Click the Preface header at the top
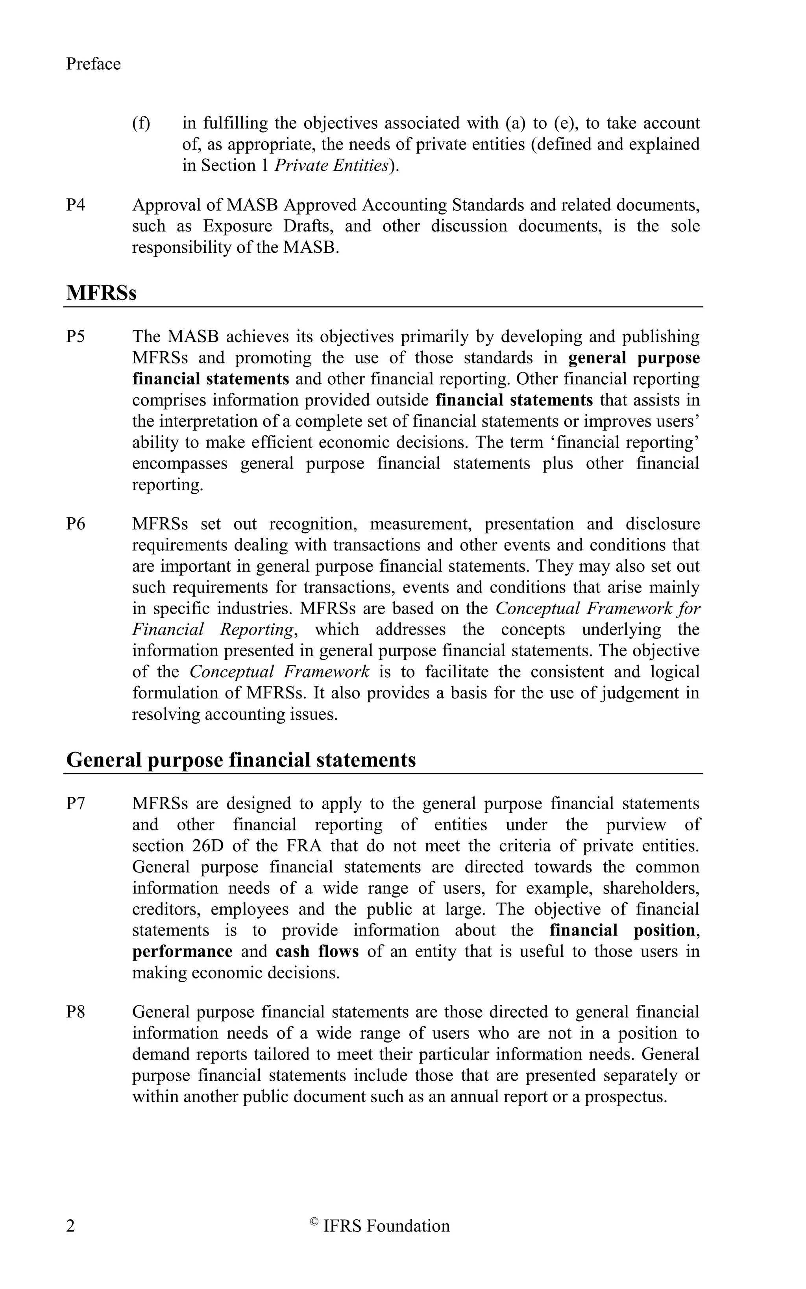click(x=93, y=64)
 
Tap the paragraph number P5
click(x=76, y=337)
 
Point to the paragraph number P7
click(x=76, y=804)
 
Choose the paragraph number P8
click(x=76, y=1012)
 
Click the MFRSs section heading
click(x=101, y=293)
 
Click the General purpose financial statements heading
click(x=241, y=760)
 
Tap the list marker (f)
click(x=141, y=124)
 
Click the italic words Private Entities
click(x=331, y=166)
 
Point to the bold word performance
click(x=182, y=952)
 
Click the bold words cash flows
click(x=317, y=952)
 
